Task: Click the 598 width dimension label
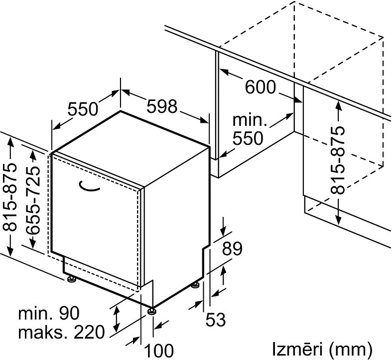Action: pyautogui.click(x=162, y=106)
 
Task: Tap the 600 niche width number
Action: pyautogui.click(x=260, y=87)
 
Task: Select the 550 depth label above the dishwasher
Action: pyautogui.click(x=83, y=109)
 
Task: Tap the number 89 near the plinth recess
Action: pyautogui.click(x=232, y=248)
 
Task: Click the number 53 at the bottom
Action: pyautogui.click(x=216, y=319)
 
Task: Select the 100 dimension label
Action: pyautogui.click(x=159, y=351)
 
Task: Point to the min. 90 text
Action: pyautogui.click(x=49, y=313)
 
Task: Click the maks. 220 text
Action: pyautogui.click(x=61, y=332)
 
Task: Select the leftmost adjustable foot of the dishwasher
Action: pyautogui.click(x=71, y=279)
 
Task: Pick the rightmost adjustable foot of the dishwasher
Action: pyautogui.click(x=195, y=285)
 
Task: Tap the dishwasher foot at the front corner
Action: pyautogui.click(x=152, y=311)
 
